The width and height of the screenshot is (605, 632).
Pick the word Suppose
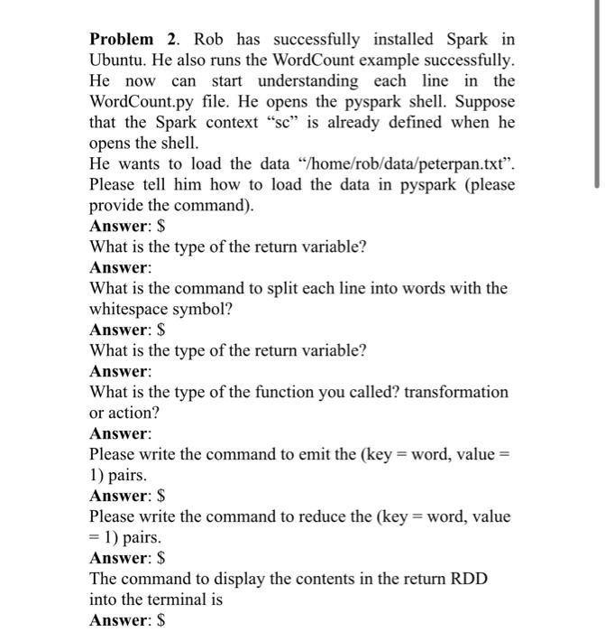pyautogui.click(x=485, y=101)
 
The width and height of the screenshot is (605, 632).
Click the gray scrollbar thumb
pyautogui.click(x=596, y=95)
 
